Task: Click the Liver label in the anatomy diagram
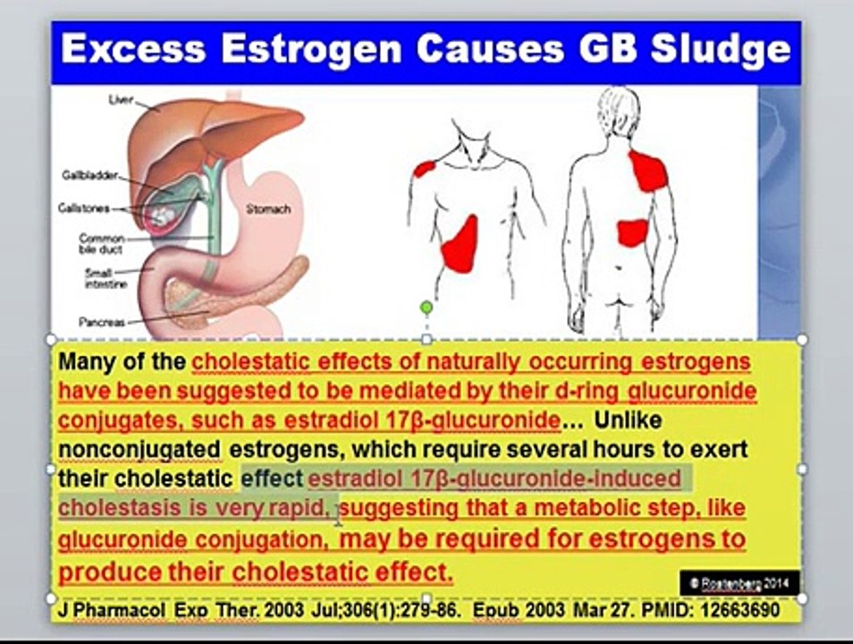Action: pyautogui.click(x=121, y=100)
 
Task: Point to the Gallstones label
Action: pyautogui.click(x=83, y=208)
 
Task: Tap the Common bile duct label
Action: pyautogui.click(x=101, y=244)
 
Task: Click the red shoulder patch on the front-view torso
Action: pyautogui.click(x=424, y=167)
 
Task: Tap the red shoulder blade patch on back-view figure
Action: pyautogui.click(x=648, y=171)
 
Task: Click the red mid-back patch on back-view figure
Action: pyautogui.click(x=632, y=233)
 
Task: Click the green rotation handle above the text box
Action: pyautogui.click(x=426, y=308)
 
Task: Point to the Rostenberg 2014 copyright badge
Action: pyautogui.click(x=739, y=582)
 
